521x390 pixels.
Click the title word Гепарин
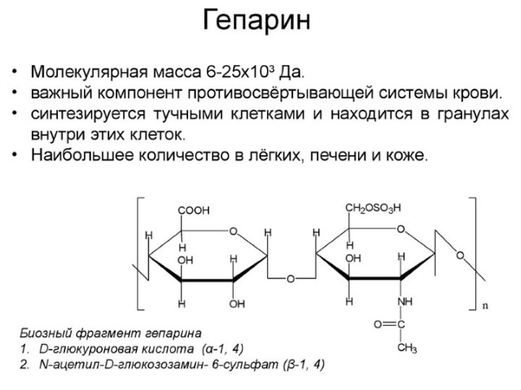pyautogui.click(x=256, y=20)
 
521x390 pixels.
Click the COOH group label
pyautogui.click(x=194, y=210)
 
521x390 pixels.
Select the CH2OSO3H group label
pyautogui.click(x=373, y=208)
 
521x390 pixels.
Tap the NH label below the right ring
pyautogui.click(x=405, y=301)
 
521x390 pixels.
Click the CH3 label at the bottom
pyautogui.click(x=407, y=348)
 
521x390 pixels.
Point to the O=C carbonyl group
pyautogui.click(x=389, y=324)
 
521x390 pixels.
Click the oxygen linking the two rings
pyautogui.click(x=291, y=279)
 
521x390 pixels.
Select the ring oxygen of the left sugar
pyautogui.click(x=234, y=231)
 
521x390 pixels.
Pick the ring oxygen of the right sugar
pyautogui.click(x=401, y=229)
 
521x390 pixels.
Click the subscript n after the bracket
pyautogui.click(x=485, y=305)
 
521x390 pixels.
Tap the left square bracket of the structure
pyautogui.click(x=140, y=253)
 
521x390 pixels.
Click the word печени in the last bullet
pyautogui.click(x=339, y=155)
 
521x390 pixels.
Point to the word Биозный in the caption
pyautogui.click(x=46, y=333)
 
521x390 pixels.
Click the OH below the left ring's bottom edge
pyautogui.click(x=237, y=303)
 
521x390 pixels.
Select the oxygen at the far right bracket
pyautogui.click(x=460, y=256)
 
